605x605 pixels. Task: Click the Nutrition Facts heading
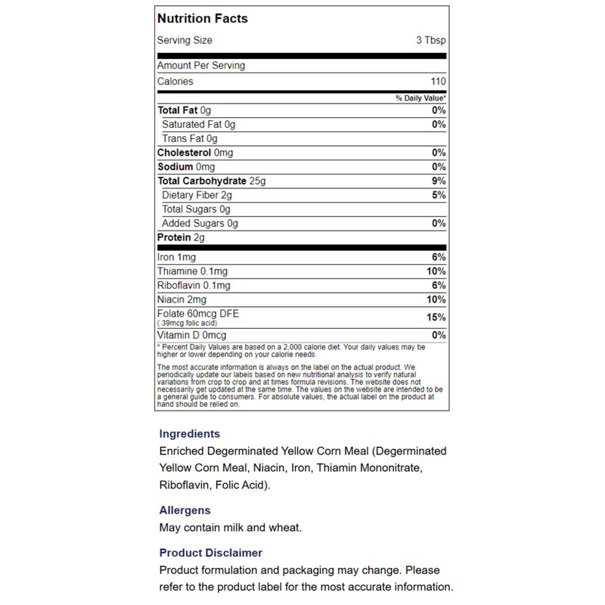click(x=202, y=18)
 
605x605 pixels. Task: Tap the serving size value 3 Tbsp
click(x=431, y=41)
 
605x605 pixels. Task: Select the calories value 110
click(x=438, y=82)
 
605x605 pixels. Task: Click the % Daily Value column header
click(x=420, y=99)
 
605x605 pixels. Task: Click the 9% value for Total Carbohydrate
click(x=439, y=181)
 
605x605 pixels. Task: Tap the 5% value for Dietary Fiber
click(x=439, y=196)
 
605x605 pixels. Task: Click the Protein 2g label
click(x=181, y=238)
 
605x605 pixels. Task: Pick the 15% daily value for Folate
click(x=436, y=318)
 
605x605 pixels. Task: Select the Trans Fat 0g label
click(x=190, y=139)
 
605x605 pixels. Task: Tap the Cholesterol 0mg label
click(x=195, y=153)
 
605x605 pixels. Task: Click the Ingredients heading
click(x=190, y=434)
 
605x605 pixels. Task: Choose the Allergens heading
click(x=185, y=510)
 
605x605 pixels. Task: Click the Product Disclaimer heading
click(x=211, y=553)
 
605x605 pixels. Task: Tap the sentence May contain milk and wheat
click(x=231, y=527)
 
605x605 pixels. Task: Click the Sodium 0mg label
click(x=186, y=167)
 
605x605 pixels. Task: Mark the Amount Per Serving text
click(x=200, y=66)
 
